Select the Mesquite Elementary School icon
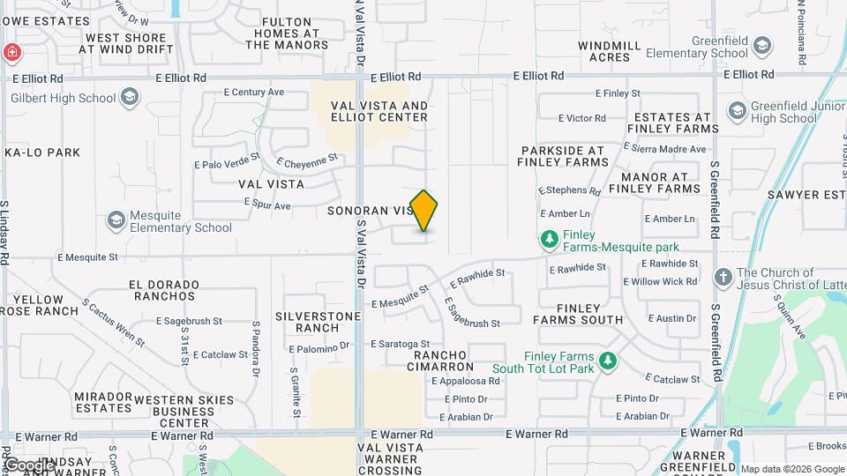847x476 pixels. [x=116, y=219]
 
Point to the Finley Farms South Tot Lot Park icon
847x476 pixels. [x=607, y=361]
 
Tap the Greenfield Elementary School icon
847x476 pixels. [x=764, y=44]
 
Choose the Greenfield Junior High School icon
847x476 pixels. [x=737, y=110]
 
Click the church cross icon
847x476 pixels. [x=723, y=279]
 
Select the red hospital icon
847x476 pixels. [x=11, y=52]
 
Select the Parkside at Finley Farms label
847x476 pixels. [x=565, y=156]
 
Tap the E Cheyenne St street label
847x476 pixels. [x=307, y=160]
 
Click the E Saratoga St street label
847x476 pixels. [x=400, y=344]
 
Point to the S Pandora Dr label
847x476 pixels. [x=254, y=342]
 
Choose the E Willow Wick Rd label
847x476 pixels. [x=660, y=282]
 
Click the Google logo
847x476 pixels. [x=28, y=465]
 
